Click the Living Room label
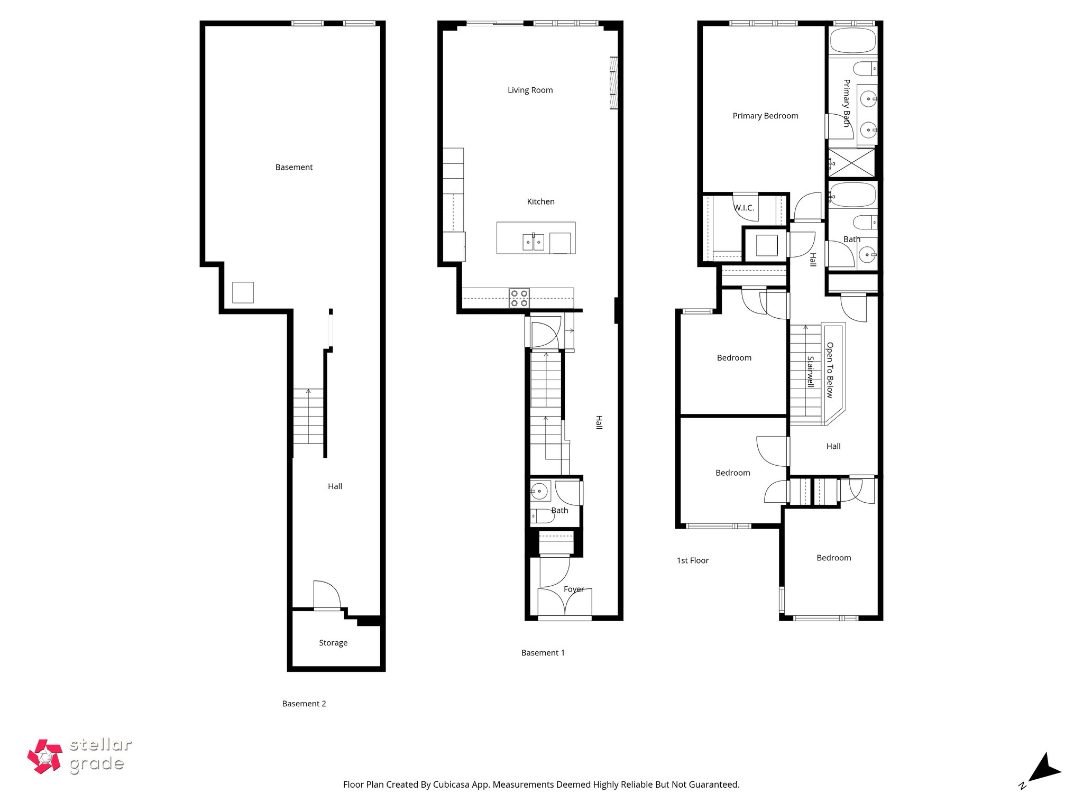click(530, 90)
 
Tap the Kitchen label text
click(540, 202)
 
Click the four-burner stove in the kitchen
click(519, 298)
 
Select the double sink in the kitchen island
click(534, 242)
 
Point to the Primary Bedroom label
click(765, 116)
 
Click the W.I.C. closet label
click(744, 208)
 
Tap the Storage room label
click(333, 643)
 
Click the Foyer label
click(574, 589)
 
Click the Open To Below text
click(830, 370)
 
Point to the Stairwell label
click(810, 372)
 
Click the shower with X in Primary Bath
click(851, 163)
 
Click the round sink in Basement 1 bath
click(539, 491)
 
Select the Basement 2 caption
click(304, 704)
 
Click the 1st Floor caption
click(693, 561)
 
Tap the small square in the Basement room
click(243, 292)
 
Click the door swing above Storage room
click(326, 595)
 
